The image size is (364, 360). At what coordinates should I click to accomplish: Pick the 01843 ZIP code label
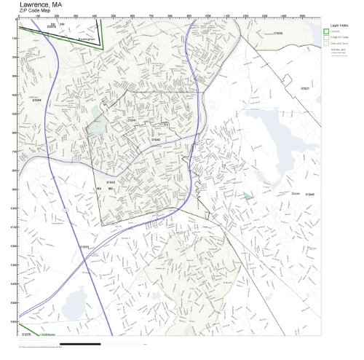coord(111,181)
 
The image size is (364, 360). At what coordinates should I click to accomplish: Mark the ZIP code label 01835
coord(278,33)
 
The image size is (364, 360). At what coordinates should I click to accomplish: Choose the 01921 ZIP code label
coord(304,88)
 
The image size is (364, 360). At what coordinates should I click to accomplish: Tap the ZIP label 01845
coord(309,195)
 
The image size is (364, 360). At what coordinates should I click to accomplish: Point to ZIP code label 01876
coord(26,334)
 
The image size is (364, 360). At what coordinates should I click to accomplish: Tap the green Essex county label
coord(296,194)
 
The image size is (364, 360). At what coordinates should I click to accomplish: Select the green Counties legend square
coord(327,31)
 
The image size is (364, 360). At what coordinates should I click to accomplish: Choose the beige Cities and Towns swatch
coord(327,44)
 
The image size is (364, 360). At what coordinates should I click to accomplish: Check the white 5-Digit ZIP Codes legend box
coord(327,37)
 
